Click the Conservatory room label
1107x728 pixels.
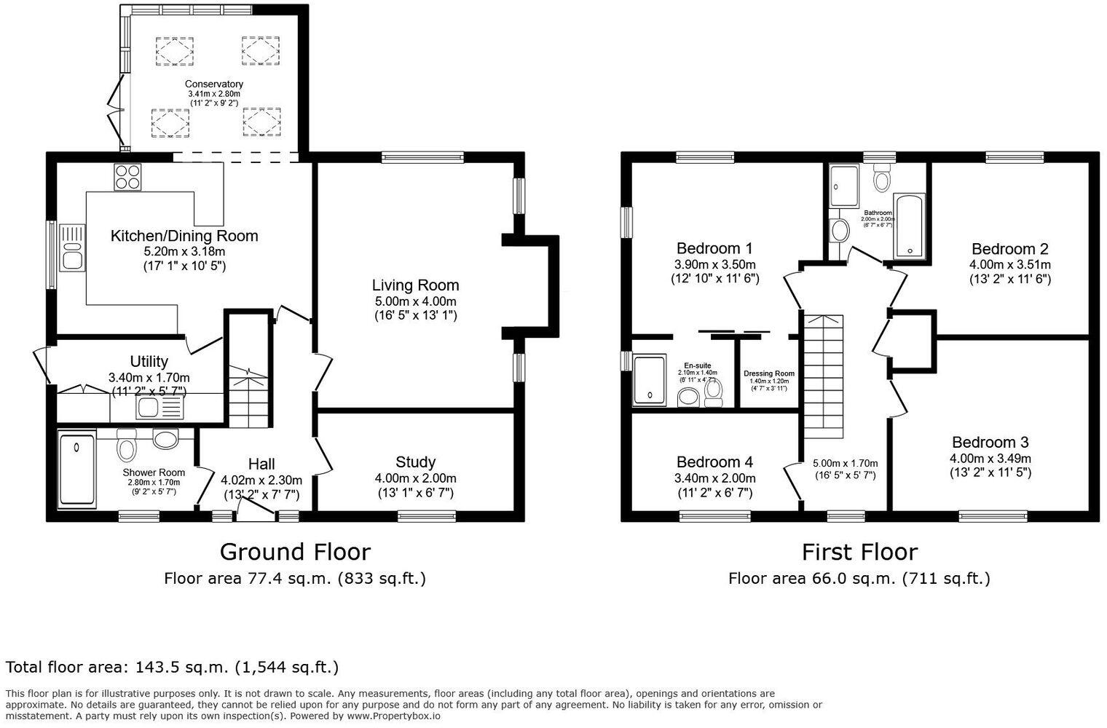click(x=213, y=84)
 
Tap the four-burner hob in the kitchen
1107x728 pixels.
click(x=127, y=177)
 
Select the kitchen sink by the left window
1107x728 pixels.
click(x=73, y=248)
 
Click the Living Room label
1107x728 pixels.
click(x=415, y=285)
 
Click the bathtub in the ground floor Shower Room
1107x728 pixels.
click(x=76, y=470)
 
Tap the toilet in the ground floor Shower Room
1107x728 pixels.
click(x=127, y=446)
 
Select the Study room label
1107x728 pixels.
click(x=415, y=462)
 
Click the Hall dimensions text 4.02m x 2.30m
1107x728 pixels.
click(x=261, y=480)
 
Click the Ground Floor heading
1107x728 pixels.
click(x=295, y=552)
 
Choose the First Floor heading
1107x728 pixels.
click(x=859, y=552)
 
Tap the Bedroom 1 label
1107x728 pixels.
click(x=714, y=248)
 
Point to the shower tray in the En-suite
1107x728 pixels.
click(x=650, y=379)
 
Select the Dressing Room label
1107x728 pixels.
click(x=769, y=373)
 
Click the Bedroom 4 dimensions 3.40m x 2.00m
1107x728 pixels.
click(x=714, y=478)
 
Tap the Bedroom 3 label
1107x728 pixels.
click(x=990, y=443)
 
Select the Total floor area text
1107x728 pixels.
click(x=172, y=667)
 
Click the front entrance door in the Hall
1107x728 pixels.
click(x=255, y=516)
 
